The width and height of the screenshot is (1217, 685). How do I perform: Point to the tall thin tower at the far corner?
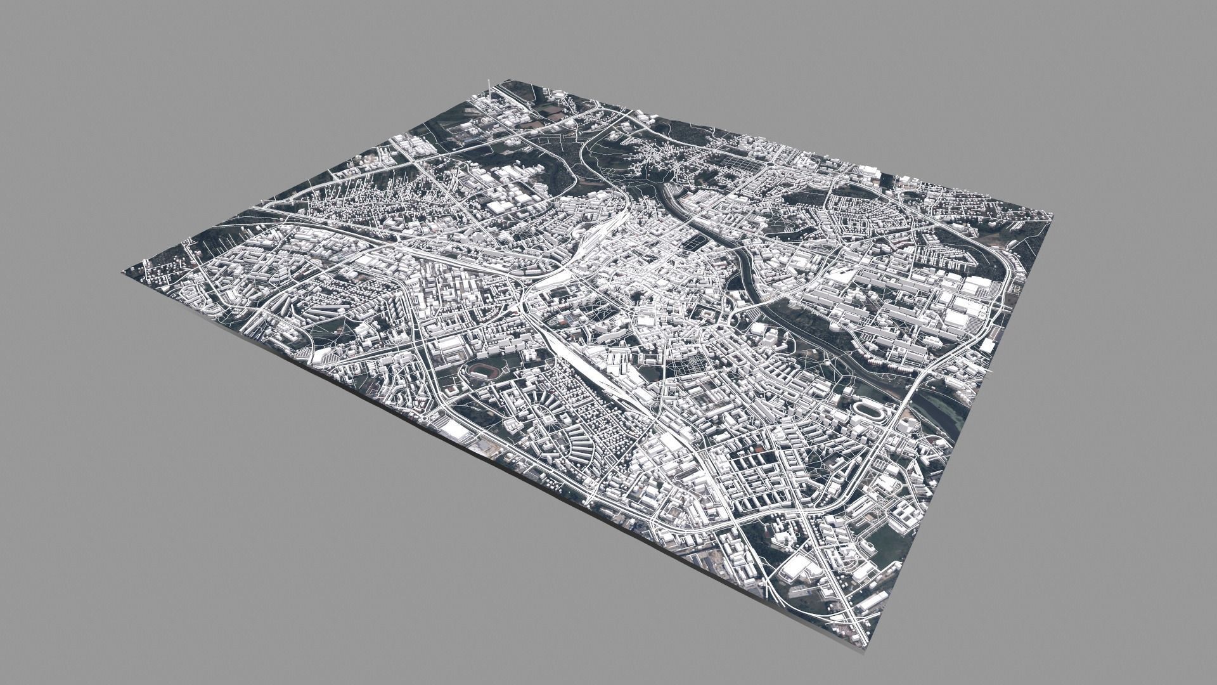point(488,86)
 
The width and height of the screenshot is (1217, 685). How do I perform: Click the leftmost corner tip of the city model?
point(122,272)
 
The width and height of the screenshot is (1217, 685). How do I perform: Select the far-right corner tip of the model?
point(1053,216)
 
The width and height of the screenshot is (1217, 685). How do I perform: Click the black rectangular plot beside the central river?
point(693,241)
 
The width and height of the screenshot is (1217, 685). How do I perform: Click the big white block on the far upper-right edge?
point(870,171)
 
